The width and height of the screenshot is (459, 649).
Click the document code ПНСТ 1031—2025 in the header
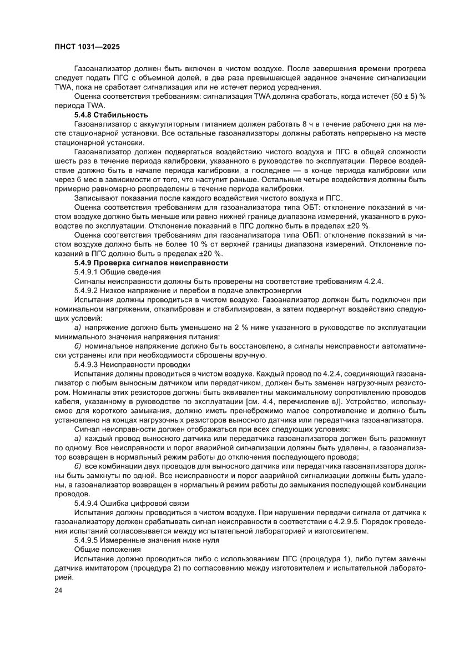(x=88, y=47)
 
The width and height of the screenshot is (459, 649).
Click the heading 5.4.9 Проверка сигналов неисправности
(x=151, y=262)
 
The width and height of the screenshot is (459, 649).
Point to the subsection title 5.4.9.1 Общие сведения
(x=117, y=271)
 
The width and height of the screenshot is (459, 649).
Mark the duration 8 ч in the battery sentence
(x=307, y=124)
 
